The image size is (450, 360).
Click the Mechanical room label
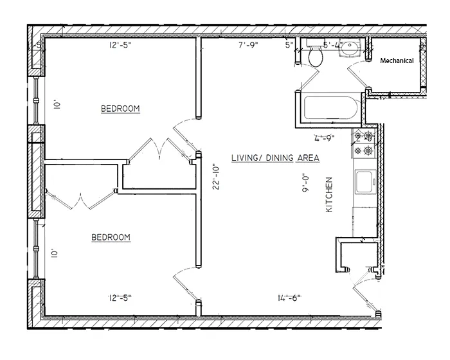point(397,60)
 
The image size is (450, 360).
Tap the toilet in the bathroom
point(315,57)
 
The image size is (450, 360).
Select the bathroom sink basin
point(350,48)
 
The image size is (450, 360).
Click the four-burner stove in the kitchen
point(364,145)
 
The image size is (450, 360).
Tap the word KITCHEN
point(329,196)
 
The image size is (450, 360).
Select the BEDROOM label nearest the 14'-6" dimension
point(111,237)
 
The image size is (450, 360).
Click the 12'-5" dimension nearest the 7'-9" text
point(123,45)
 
